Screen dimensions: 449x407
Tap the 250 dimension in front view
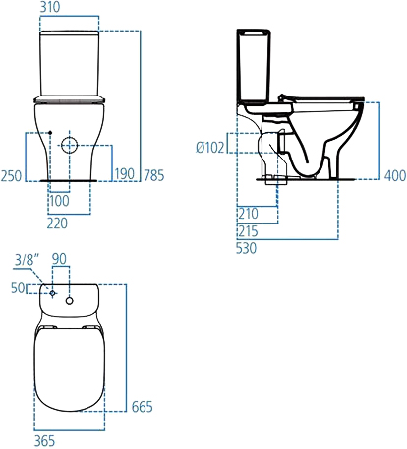point(12,174)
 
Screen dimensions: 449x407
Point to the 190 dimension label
point(126,174)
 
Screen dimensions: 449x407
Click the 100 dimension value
point(61,201)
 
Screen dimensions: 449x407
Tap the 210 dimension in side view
point(247,212)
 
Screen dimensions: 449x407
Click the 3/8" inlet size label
point(27,260)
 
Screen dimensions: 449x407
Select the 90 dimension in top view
point(60,260)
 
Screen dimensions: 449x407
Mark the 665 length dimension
point(142,407)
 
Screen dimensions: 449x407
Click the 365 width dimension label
point(45,441)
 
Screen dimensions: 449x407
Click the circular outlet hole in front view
point(71,145)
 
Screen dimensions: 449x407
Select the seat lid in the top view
point(69,369)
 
